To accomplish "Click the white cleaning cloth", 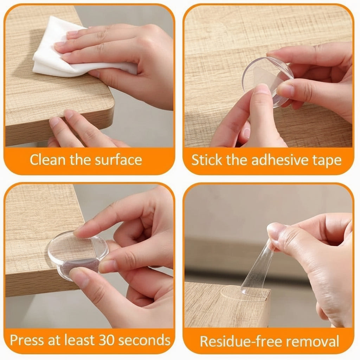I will click(53, 53).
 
